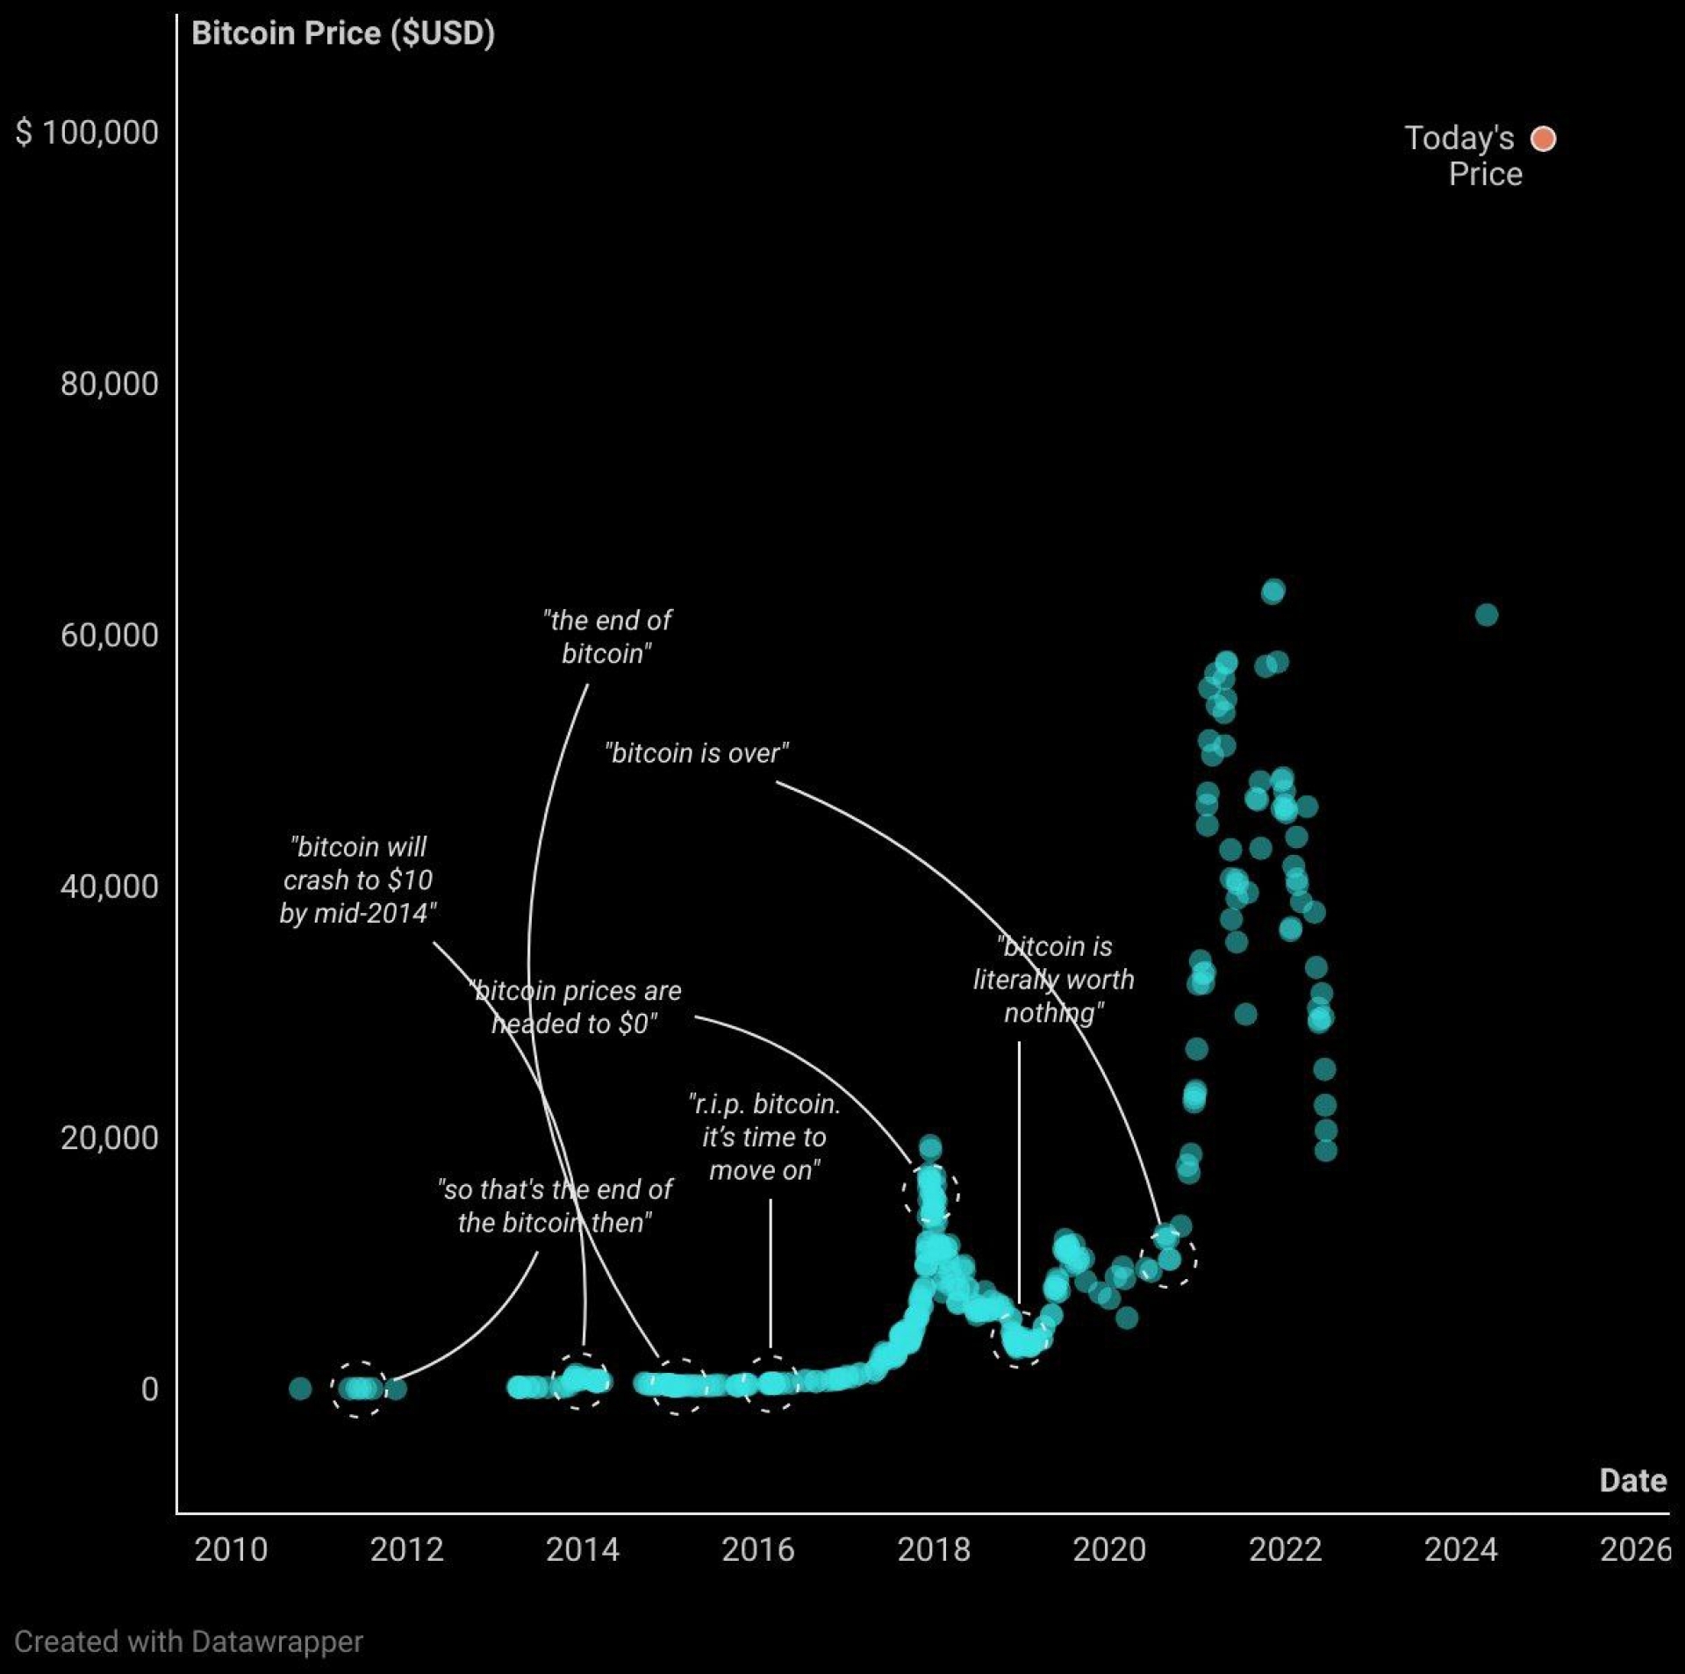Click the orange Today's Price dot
click(1543, 139)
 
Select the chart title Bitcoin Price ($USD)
click(342, 33)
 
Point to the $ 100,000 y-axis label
click(87, 133)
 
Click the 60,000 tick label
click(109, 635)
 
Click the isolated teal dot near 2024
click(1486, 614)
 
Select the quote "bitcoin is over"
click(696, 753)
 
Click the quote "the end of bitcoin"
click(606, 636)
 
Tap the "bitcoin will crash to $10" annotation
click(357, 880)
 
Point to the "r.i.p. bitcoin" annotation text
click(764, 1137)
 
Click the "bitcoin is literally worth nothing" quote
click(1053, 980)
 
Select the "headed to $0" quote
click(577, 1007)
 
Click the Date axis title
click(1632, 1480)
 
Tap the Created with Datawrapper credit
click(189, 1642)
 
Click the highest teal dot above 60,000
click(1273, 591)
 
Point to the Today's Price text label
click(1462, 155)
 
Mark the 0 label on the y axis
click(150, 1389)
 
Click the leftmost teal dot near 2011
click(300, 1388)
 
